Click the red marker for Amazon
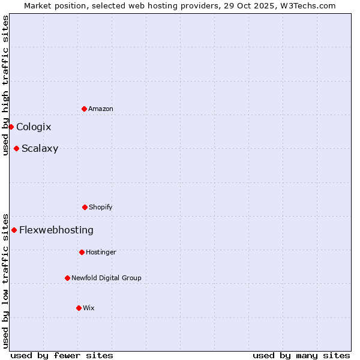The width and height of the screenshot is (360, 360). tap(84, 109)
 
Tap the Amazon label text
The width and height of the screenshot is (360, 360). tap(101, 109)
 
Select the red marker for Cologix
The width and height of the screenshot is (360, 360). tap(11, 127)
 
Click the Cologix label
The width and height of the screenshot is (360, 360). tap(34, 127)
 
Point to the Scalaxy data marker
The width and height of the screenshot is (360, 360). tap(16, 148)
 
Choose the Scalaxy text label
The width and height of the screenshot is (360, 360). tap(40, 149)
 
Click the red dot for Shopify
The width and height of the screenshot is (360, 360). tap(85, 207)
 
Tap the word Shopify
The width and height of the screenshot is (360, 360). tap(101, 208)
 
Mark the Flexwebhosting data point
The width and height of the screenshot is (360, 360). tap(14, 230)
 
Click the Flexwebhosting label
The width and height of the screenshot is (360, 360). tap(56, 230)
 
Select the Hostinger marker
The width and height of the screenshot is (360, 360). tap(82, 252)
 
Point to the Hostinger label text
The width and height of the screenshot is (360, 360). tap(101, 253)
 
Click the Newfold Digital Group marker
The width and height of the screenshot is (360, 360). tap(67, 278)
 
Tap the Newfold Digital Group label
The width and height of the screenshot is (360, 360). tap(106, 278)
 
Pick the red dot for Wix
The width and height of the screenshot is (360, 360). tap(79, 308)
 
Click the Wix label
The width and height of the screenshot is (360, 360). tap(89, 308)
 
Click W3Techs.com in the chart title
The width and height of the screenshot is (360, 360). tap(310, 6)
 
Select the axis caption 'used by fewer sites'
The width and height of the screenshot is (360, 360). tap(62, 356)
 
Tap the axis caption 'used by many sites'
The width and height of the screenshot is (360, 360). tap(301, 356)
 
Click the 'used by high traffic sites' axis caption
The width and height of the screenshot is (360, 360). tap(6, 85)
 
